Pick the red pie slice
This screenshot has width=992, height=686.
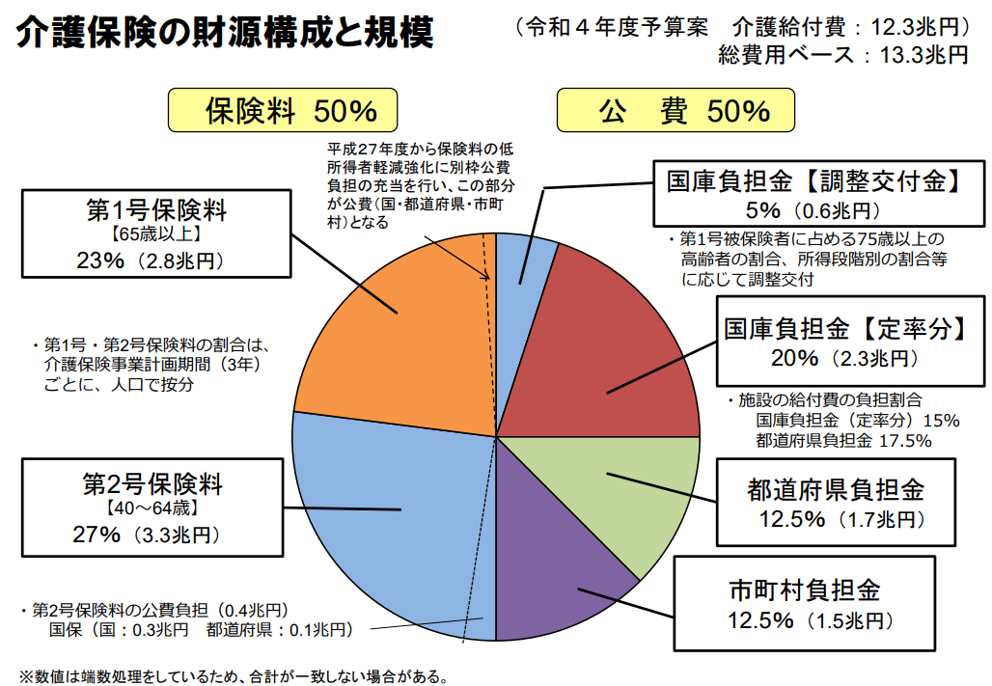click(x=618, y=357)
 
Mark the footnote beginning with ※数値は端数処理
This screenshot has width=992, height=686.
click(x=233, y=675)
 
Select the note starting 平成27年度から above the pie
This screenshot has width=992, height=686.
click(x=420, y=184)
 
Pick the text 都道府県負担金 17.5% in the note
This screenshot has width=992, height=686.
click(x=843, y=440)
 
